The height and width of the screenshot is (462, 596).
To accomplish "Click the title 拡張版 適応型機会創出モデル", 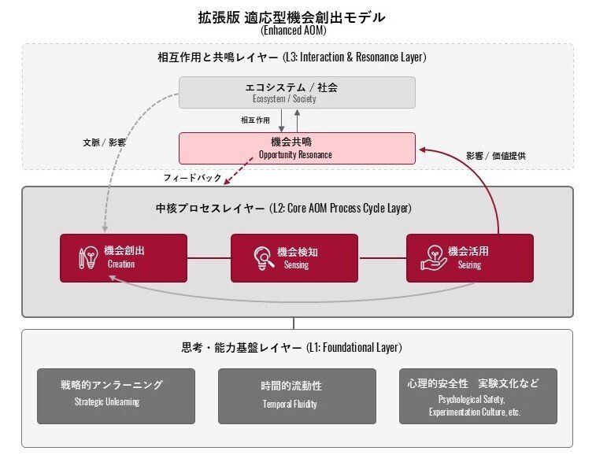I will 297,17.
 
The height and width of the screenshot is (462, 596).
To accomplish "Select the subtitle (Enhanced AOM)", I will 297,31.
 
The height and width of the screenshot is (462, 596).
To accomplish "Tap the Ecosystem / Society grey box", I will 297,92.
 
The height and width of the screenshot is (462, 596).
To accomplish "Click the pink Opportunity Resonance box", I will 297,148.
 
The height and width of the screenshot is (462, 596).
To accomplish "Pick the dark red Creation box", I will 124,257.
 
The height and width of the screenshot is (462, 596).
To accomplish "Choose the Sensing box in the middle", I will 294,257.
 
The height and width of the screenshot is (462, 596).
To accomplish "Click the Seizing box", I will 469,257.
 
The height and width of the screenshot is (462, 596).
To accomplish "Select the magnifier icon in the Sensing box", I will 261,258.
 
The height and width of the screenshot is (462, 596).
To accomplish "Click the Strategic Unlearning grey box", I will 116,396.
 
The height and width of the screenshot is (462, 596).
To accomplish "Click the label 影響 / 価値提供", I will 496,156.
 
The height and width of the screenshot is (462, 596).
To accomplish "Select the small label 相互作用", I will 255,120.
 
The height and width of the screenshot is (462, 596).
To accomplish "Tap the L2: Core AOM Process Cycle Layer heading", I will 283,209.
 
